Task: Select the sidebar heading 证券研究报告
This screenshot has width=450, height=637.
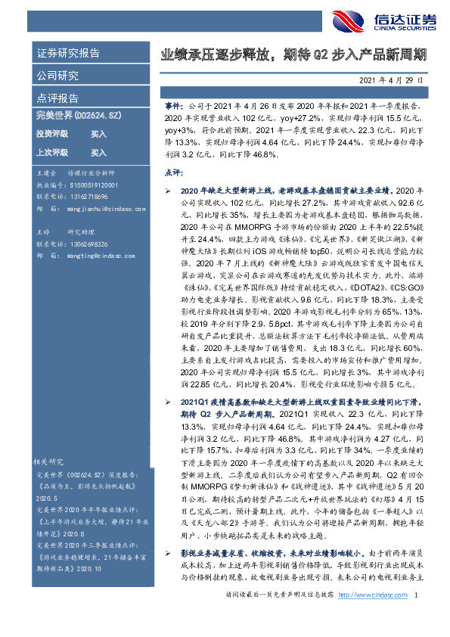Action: tap(67, 54)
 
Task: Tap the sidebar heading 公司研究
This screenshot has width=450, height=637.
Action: tap(57, 76)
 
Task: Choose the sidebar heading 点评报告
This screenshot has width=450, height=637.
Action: tap(57, 98)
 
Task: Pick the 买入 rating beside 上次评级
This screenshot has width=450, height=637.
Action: tap(98, 151)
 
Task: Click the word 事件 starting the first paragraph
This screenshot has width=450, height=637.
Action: tap(173, 109)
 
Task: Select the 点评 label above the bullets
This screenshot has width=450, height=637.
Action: tap(173, 172)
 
